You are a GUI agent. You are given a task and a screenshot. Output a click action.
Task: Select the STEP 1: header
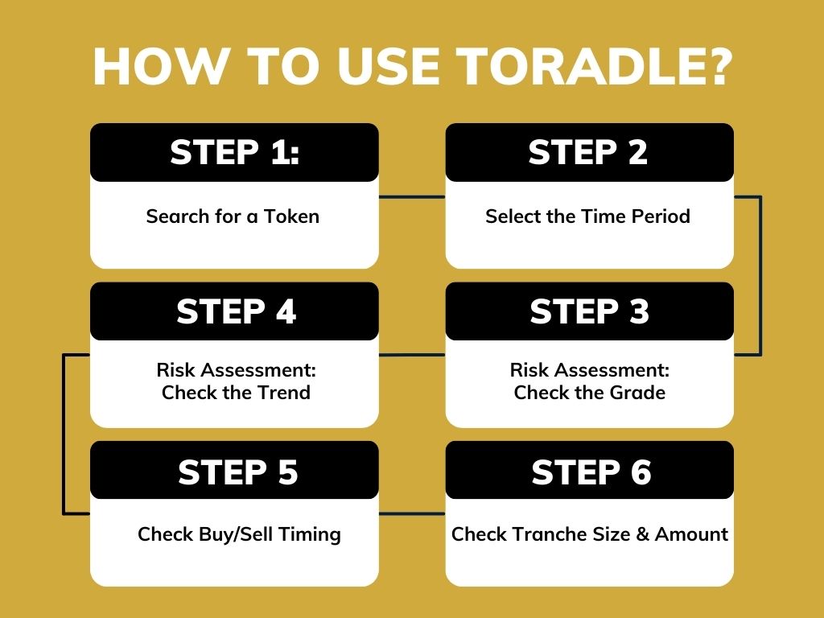coord(234,152)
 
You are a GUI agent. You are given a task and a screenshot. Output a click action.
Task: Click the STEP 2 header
coord(588,152)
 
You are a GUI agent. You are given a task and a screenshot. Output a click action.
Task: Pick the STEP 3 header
coord(589,311)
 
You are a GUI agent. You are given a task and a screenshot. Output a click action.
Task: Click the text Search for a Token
coord(233,216)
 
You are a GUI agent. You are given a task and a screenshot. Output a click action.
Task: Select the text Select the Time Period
coord(587,216)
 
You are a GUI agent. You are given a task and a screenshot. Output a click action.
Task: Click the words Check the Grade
coord(590,393)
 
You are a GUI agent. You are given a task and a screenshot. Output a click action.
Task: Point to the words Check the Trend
coord(236,393)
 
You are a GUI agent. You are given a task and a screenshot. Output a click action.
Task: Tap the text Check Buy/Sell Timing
coord(239,534)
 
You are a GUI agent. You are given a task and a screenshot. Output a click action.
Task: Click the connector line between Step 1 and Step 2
coord(411,196)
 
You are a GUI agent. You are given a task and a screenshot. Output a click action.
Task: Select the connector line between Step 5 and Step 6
coord(411,513)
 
